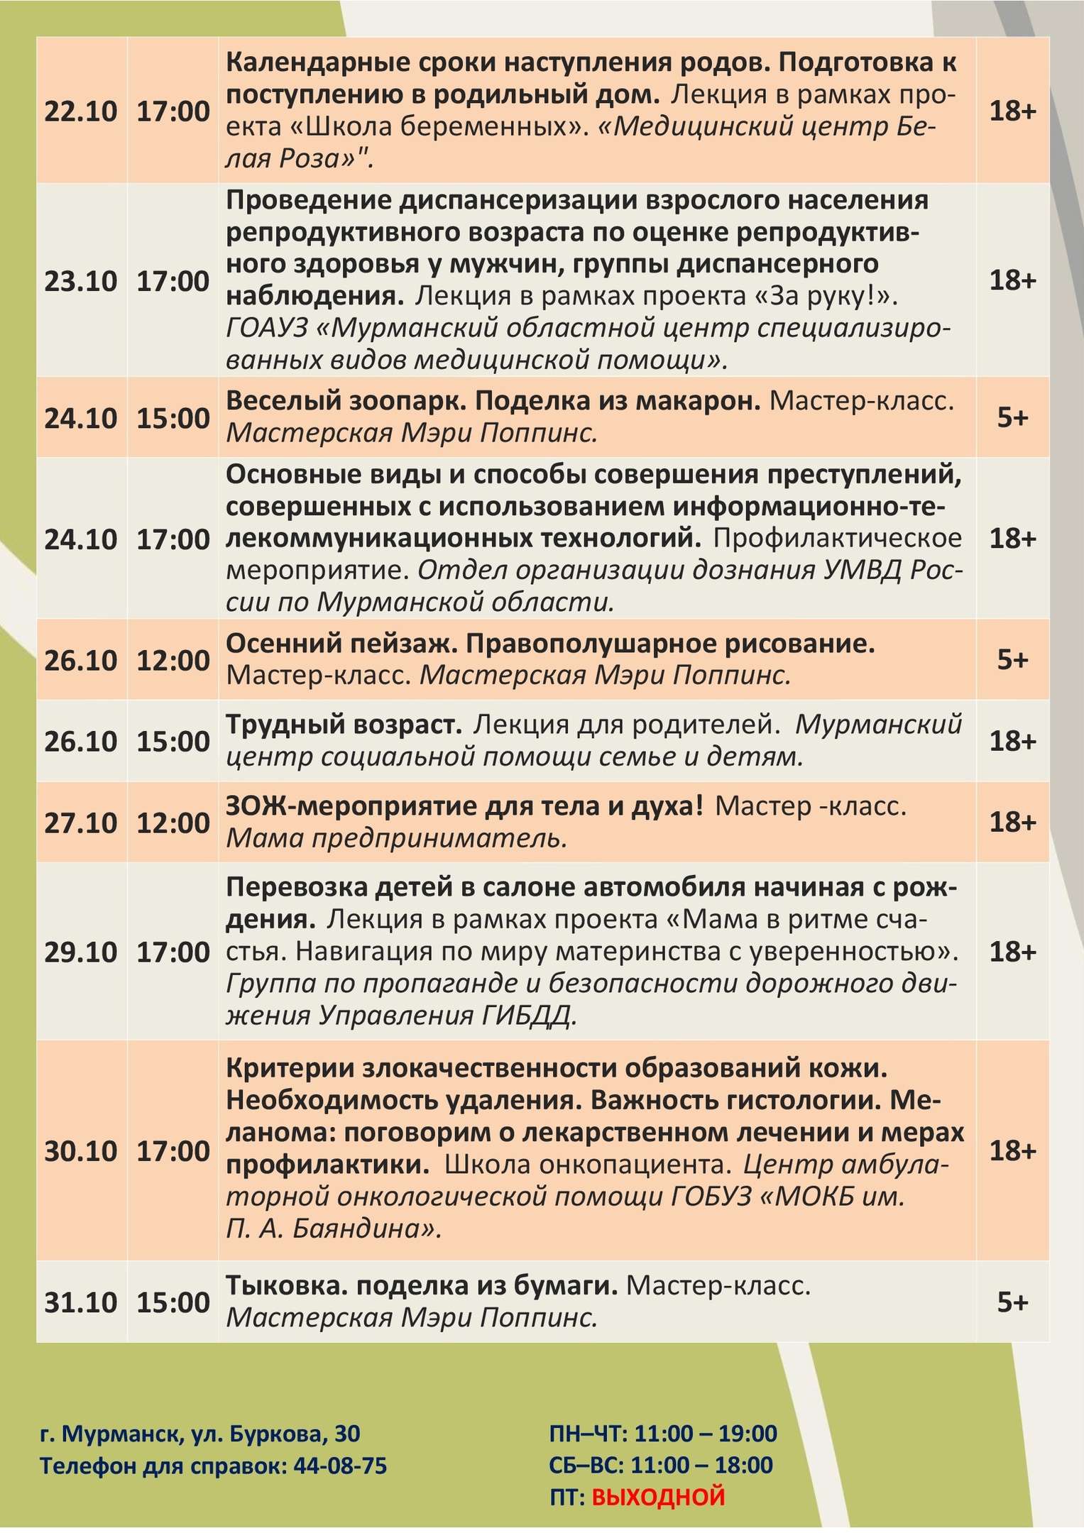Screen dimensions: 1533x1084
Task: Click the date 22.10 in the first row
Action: (80, 112)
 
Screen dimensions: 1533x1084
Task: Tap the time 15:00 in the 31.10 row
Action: (173, 1302)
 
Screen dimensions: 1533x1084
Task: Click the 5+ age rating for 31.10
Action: (1012, 1302)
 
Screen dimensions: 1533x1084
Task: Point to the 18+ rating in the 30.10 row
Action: (1012, 1150)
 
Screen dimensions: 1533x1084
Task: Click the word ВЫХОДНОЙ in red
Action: (658, 1497)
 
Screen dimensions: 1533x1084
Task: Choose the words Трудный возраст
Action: (344, 725)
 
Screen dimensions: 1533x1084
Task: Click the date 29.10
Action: (80, 952)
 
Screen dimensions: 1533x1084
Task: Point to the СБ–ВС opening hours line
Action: (660, 1465)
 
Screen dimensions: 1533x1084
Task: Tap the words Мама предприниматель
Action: (396, 839)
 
